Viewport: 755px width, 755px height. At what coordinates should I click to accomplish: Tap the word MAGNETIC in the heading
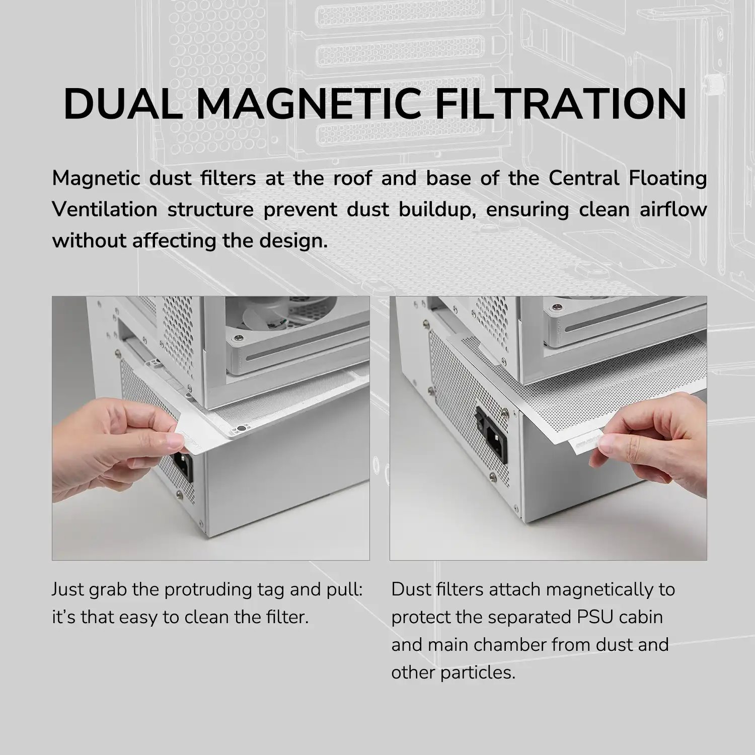point(309,104)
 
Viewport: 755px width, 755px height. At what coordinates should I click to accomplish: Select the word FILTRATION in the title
point(561,104)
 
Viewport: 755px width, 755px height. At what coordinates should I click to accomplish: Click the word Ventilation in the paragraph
point(105,209)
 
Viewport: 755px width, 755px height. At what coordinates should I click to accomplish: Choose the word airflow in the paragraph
point(673,209)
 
